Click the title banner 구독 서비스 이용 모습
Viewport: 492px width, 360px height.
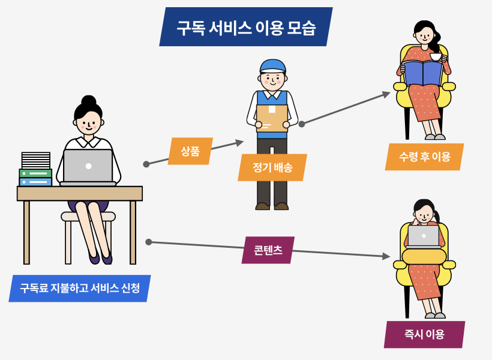246,27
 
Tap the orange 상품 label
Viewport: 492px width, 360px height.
190,151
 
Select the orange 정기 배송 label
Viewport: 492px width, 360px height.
272,167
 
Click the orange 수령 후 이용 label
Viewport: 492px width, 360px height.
424,157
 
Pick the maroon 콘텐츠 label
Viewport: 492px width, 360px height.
268,250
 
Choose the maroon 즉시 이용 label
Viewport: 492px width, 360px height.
424,334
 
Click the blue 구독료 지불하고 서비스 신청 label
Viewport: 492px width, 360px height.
80,288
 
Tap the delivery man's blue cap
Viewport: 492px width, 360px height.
272,65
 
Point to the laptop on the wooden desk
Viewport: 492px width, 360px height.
88,166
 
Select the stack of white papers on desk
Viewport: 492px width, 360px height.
36,160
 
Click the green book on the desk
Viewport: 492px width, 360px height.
35,173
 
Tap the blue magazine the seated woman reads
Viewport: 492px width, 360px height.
422,73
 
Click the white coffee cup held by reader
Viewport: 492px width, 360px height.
436,56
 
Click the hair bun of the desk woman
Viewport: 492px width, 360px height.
89,100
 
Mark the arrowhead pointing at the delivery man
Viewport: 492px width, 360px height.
240,142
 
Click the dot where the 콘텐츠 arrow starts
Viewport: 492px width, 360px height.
148,242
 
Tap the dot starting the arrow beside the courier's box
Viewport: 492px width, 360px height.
302,124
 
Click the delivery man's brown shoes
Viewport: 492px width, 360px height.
272,206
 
